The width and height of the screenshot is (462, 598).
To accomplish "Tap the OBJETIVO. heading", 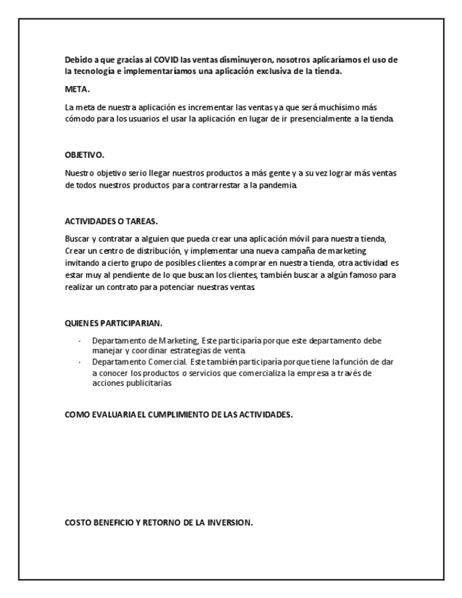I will click(84, 155).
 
